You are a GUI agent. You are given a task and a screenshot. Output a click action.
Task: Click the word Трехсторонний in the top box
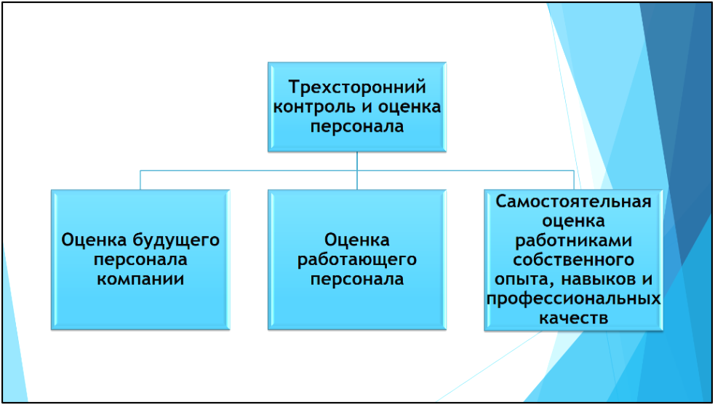tap(357, 88)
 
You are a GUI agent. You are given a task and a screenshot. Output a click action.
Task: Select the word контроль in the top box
tap(315, 107)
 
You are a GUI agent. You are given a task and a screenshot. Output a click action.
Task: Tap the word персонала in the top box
tap(357, 126)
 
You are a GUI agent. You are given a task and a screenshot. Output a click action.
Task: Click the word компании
tap(141, 278)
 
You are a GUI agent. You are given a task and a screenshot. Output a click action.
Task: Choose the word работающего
tap(356, 259)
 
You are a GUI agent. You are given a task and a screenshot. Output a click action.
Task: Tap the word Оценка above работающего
tap(356, 240)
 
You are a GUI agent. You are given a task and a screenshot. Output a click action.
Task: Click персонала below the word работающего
tap(356, 278)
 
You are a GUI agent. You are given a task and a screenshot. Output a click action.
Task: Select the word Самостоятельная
tap(573, 201)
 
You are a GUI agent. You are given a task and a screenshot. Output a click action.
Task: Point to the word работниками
tap(573, 240)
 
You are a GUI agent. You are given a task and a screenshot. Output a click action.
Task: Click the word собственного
tap(573, 259)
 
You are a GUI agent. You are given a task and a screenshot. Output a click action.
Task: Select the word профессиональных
tap(573, 299)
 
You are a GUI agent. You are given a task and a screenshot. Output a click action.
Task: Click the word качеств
tap(573, 318)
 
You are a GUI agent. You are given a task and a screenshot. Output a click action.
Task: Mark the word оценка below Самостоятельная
tap(573, 221)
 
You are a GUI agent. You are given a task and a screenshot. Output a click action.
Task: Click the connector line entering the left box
tap(140, 180)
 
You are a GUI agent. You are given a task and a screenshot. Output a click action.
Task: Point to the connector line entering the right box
tap(574, 180)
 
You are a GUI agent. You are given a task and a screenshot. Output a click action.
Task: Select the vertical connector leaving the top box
tap(357, 161)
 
